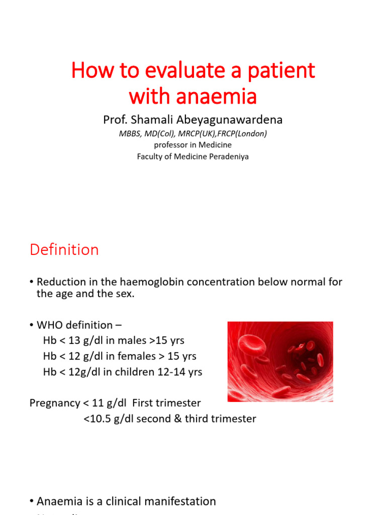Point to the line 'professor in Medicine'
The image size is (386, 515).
192,145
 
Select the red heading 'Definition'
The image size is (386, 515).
64,249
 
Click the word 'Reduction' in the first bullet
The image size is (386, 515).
61,282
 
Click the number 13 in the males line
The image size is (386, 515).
73,340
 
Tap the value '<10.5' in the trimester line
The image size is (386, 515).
97,418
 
